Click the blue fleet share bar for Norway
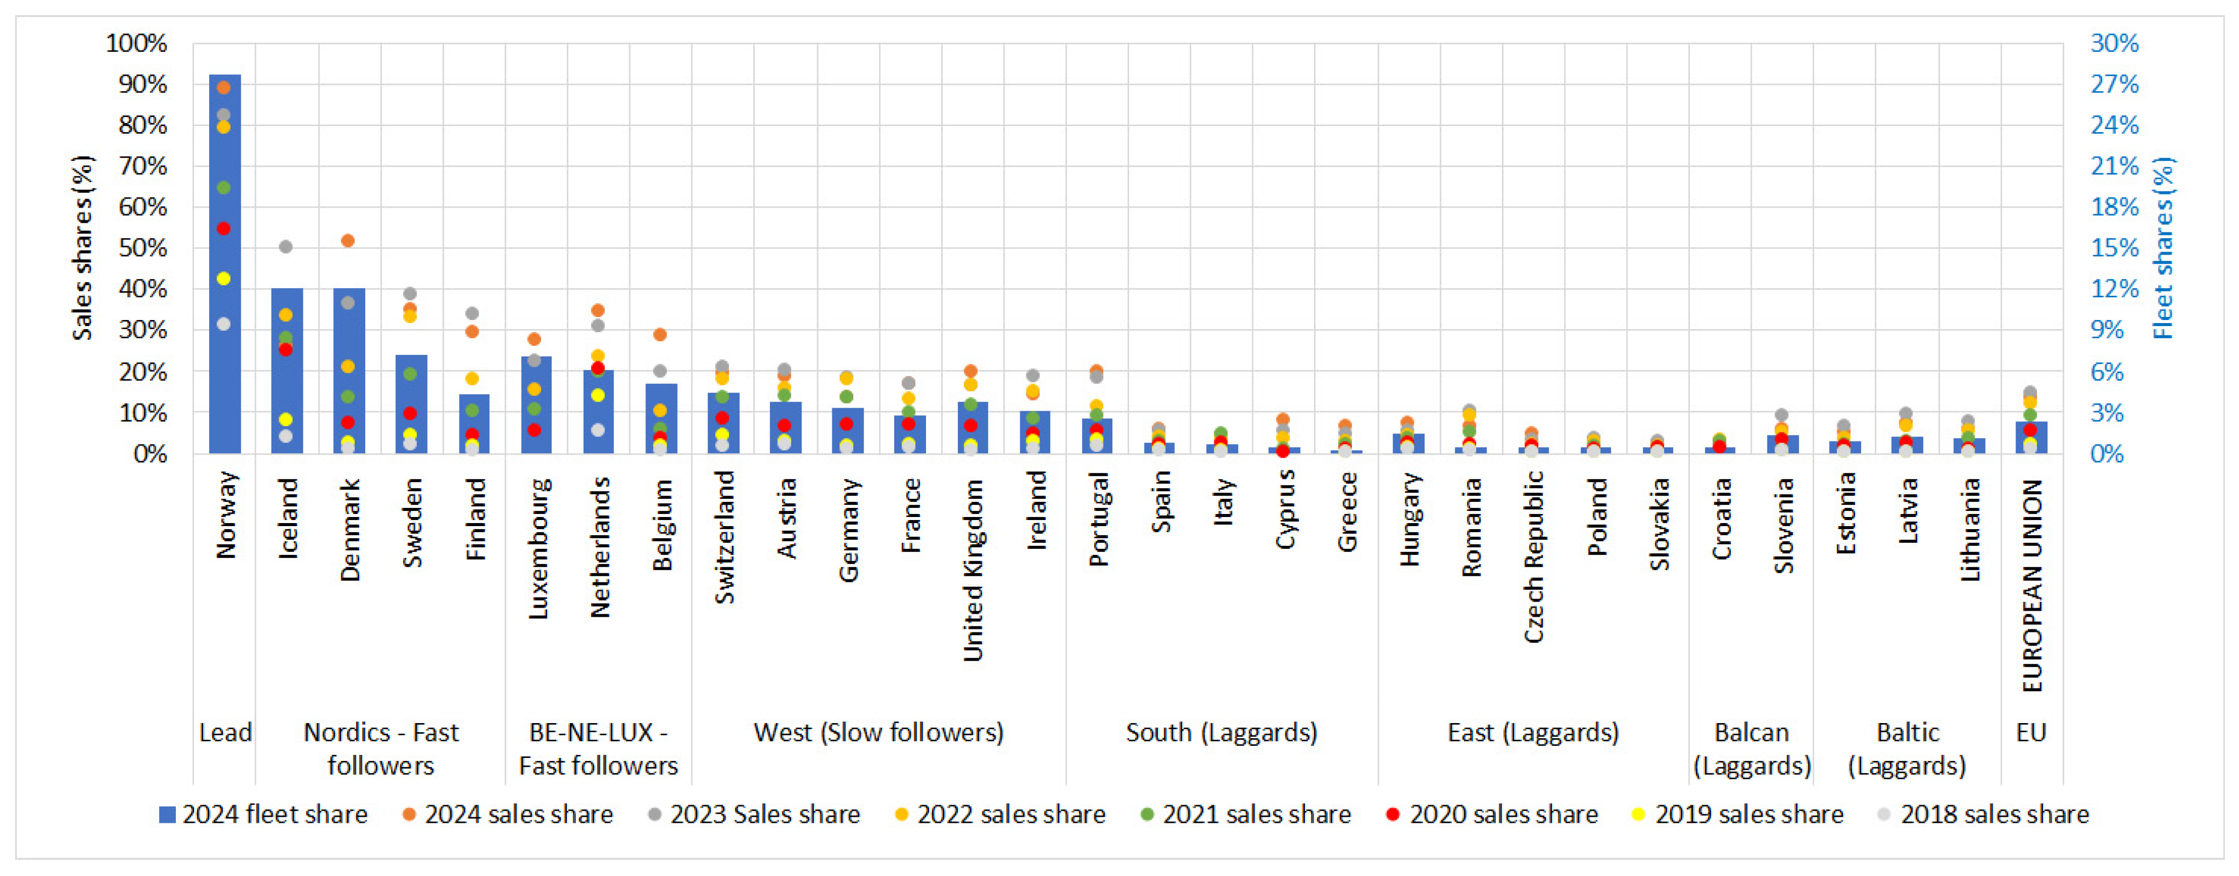(x=225, y=264)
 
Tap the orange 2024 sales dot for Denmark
(x=348, y=241)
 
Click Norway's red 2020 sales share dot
(x=223, y=228)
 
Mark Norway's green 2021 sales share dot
(x=223, y=188)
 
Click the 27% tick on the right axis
(x=2115, y=84)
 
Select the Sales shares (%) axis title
(x=83, y=248)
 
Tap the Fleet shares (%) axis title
(x=2164, y=248)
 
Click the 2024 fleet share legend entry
(x=263, y=814)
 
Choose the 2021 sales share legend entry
(x=1246, y=814)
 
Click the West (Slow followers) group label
(x=879, y=733)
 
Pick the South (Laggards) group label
(x=1222, y=733)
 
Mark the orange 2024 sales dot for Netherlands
(x=598, y=310)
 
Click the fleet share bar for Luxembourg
(x=536, y=405)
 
